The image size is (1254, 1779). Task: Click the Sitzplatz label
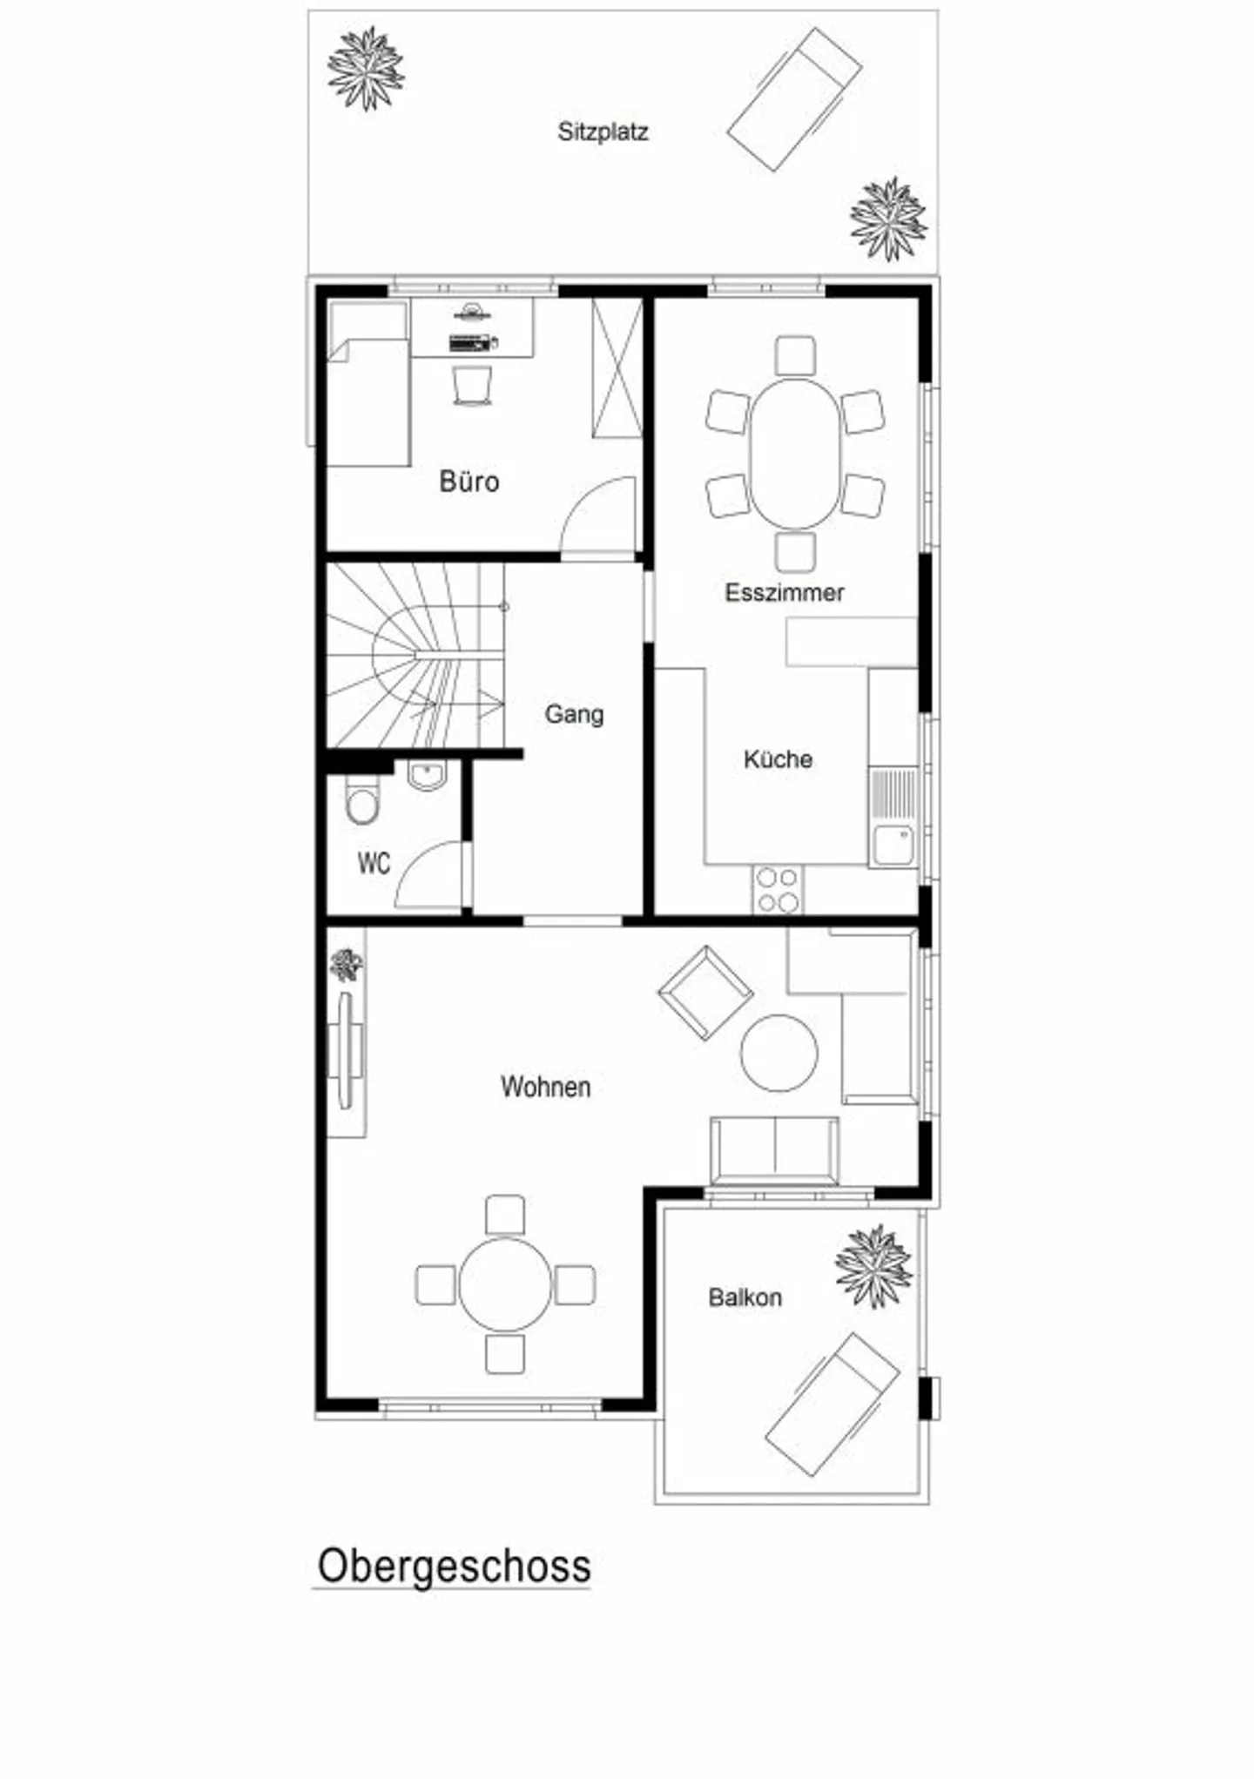[603, 132]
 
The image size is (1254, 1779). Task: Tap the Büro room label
[469, 482]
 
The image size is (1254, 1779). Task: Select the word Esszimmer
[784, 593]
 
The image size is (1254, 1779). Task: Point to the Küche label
[778, 759]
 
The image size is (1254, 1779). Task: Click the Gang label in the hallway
[574, 714]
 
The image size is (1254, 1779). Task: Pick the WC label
[374, 863]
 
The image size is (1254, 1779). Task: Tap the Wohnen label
[545, 1087]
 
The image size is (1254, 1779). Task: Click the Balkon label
[745, 1297]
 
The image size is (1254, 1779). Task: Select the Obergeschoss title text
[454, 1567]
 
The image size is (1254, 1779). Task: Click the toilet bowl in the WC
[361, 803]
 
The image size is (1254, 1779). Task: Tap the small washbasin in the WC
[427, 774]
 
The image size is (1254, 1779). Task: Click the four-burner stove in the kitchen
[778, 889]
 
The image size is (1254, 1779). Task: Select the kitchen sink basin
[893, 845]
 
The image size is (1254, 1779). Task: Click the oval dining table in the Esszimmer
[794, 453]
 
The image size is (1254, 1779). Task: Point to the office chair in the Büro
[472, 385]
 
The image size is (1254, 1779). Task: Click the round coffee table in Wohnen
[779, 1053]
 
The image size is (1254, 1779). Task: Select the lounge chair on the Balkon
[832, 1403]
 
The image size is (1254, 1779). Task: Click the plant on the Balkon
[873, 1266]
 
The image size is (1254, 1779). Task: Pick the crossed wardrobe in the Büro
[617, 368]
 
